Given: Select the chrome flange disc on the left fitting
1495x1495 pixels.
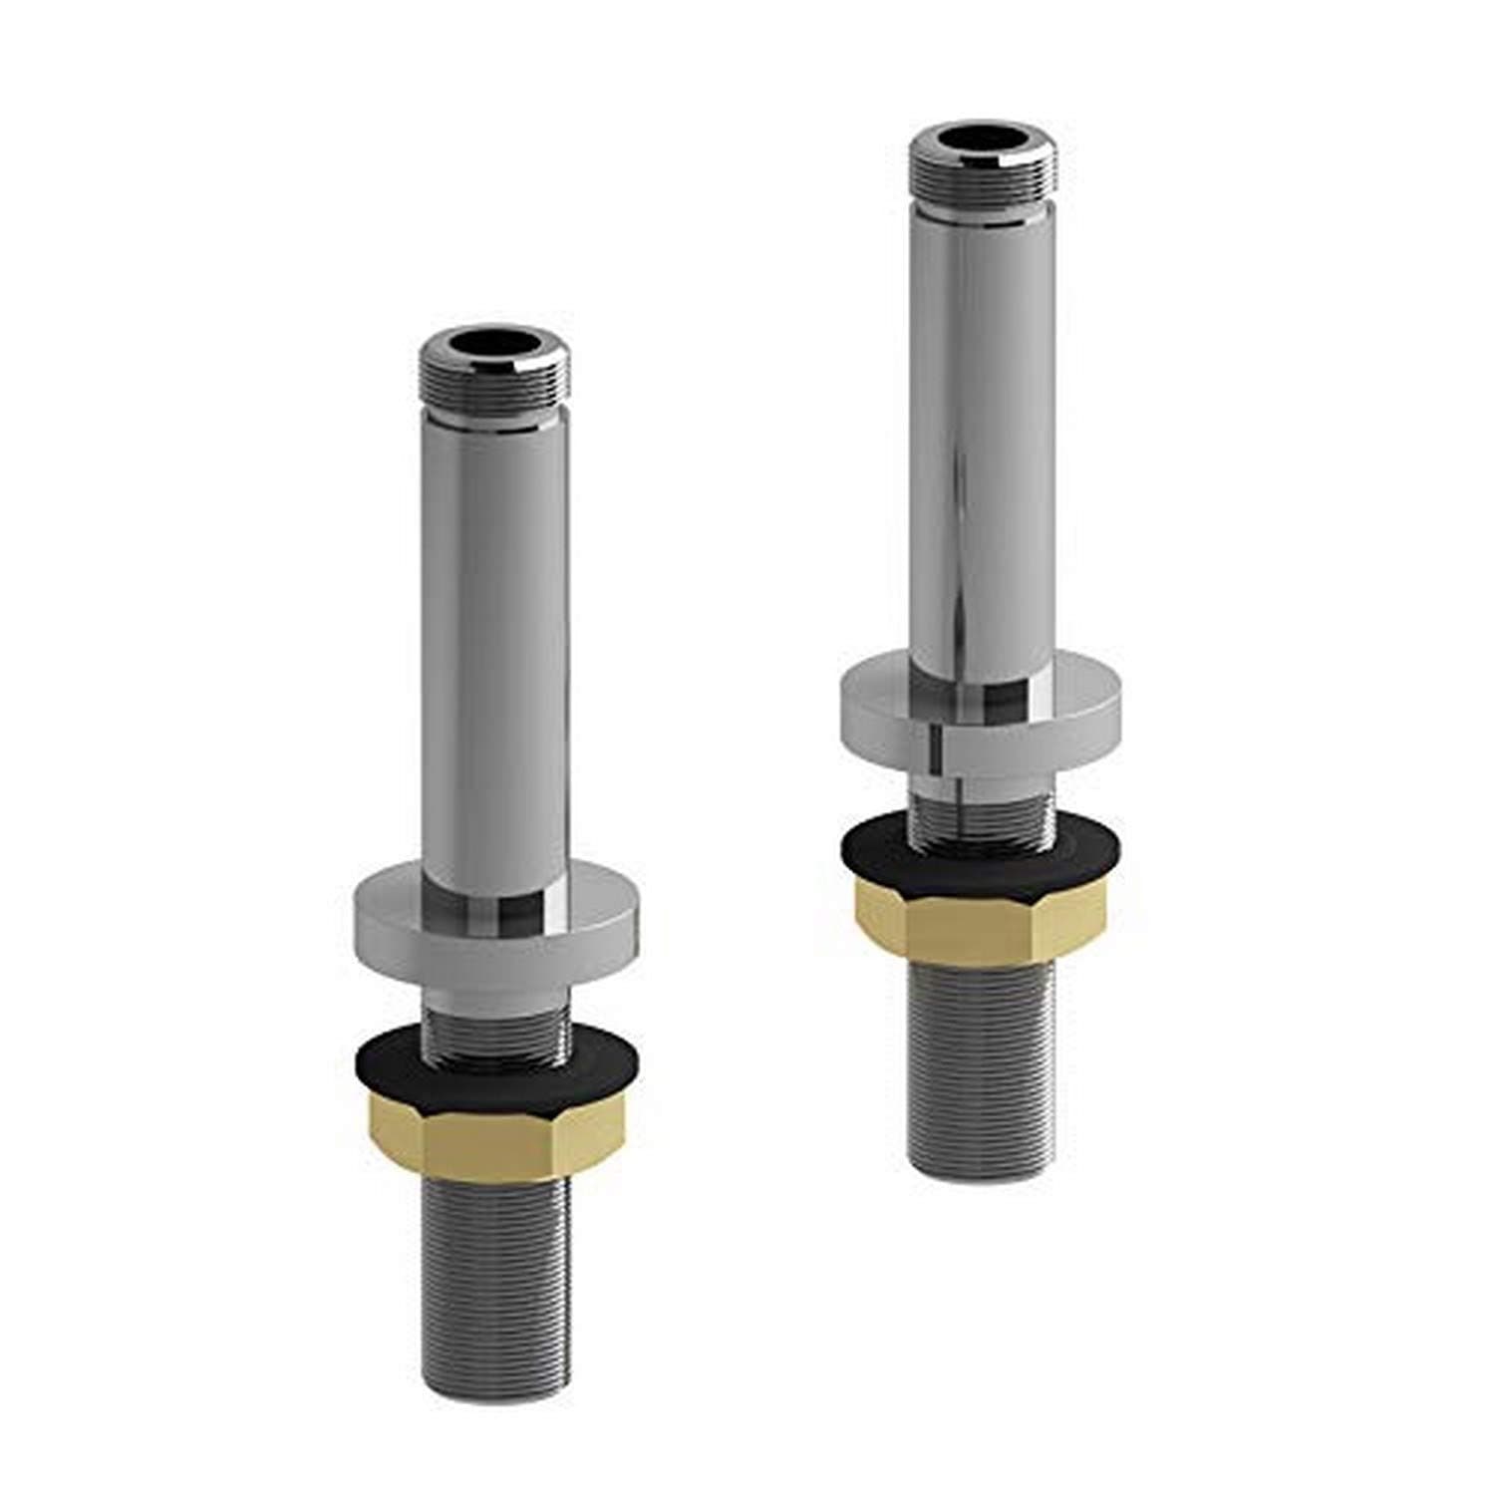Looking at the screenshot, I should (x=495, y=917).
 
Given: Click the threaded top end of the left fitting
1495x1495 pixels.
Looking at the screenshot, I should (x=495, y=384).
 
